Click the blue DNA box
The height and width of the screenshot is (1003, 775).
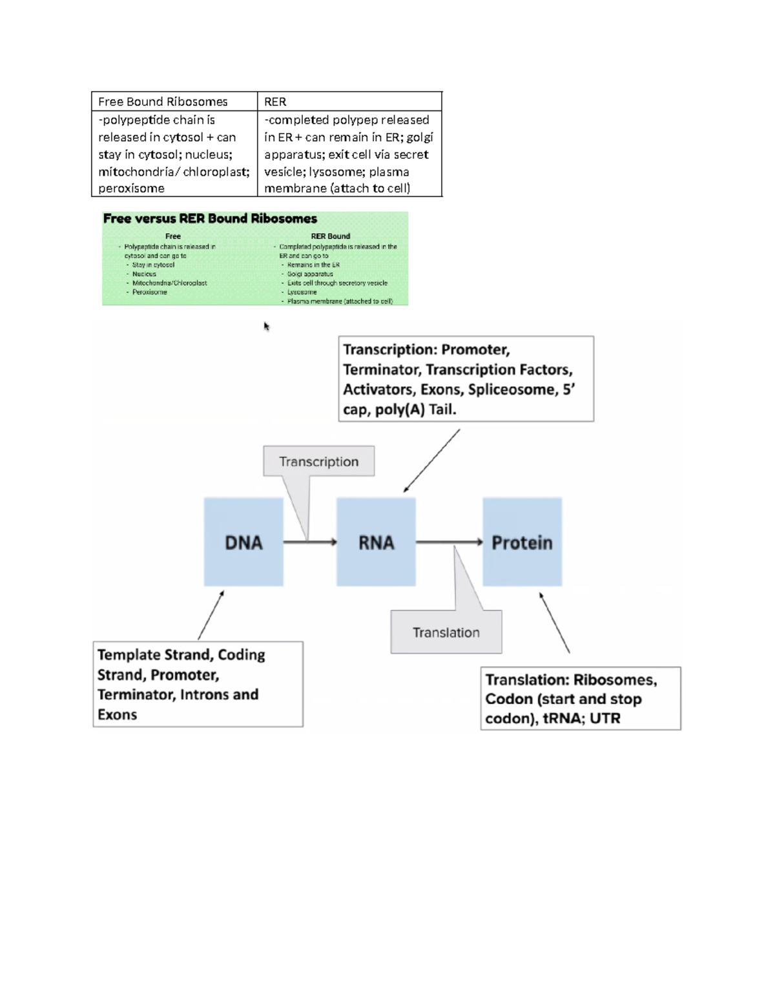[x=243, y=542]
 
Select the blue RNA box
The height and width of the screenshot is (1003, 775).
[x=376, y=542]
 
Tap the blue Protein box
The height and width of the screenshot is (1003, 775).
[x=522, y=542]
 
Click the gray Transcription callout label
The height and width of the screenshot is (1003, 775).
[x=318, y=461]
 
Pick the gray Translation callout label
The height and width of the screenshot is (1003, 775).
[x=446, y=632]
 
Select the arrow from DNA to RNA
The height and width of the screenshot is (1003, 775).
[x=310, y=542]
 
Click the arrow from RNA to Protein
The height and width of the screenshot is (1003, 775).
[x=449, y=542]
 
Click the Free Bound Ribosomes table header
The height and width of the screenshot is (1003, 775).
[x=163, y=101]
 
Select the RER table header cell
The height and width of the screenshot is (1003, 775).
[x=275, y=101]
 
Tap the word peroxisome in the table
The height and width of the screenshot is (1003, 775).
[x=131, y=188]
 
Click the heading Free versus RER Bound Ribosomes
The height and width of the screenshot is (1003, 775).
[x=210, y=218]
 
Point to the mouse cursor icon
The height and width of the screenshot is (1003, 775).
[x=266, y=326]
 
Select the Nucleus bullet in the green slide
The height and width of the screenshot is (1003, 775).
[x=144, y=274]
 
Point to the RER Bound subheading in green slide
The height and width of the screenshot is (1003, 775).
[x=330, y=236]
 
